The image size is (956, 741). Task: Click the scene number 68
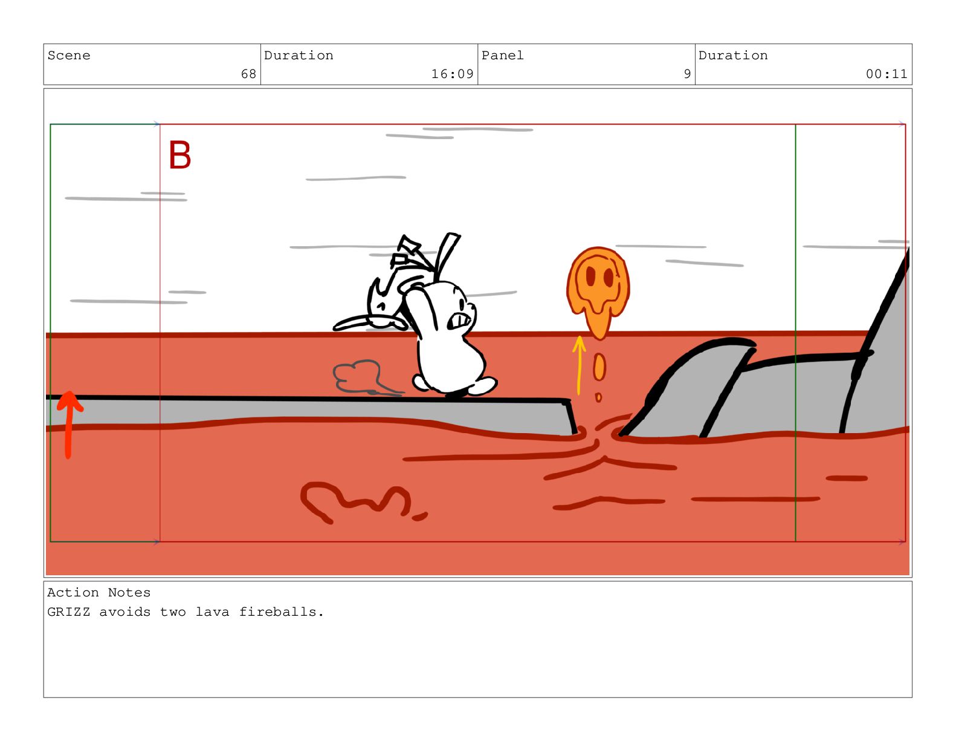click(248, 74)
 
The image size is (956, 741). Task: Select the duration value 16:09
click(452, 74)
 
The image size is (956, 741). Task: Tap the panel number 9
click(686, 74)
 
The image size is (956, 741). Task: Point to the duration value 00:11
click(886, 74)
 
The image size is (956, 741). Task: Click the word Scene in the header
click(69, 56)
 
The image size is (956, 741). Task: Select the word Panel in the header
click(502, 56)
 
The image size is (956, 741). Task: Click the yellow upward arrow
click(579, 365)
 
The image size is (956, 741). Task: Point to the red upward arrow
click(69, 423)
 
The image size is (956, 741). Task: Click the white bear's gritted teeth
click(459, 321)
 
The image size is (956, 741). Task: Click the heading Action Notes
click(99, 592)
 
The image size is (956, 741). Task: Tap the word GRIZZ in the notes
click(69, 612)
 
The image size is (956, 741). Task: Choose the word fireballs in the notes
click(281, 612)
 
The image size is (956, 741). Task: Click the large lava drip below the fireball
click(599, 367)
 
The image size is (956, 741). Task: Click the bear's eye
click(462, 304)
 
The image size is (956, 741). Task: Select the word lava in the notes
click(213, 612)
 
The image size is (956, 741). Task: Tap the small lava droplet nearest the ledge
click(598, 397)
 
